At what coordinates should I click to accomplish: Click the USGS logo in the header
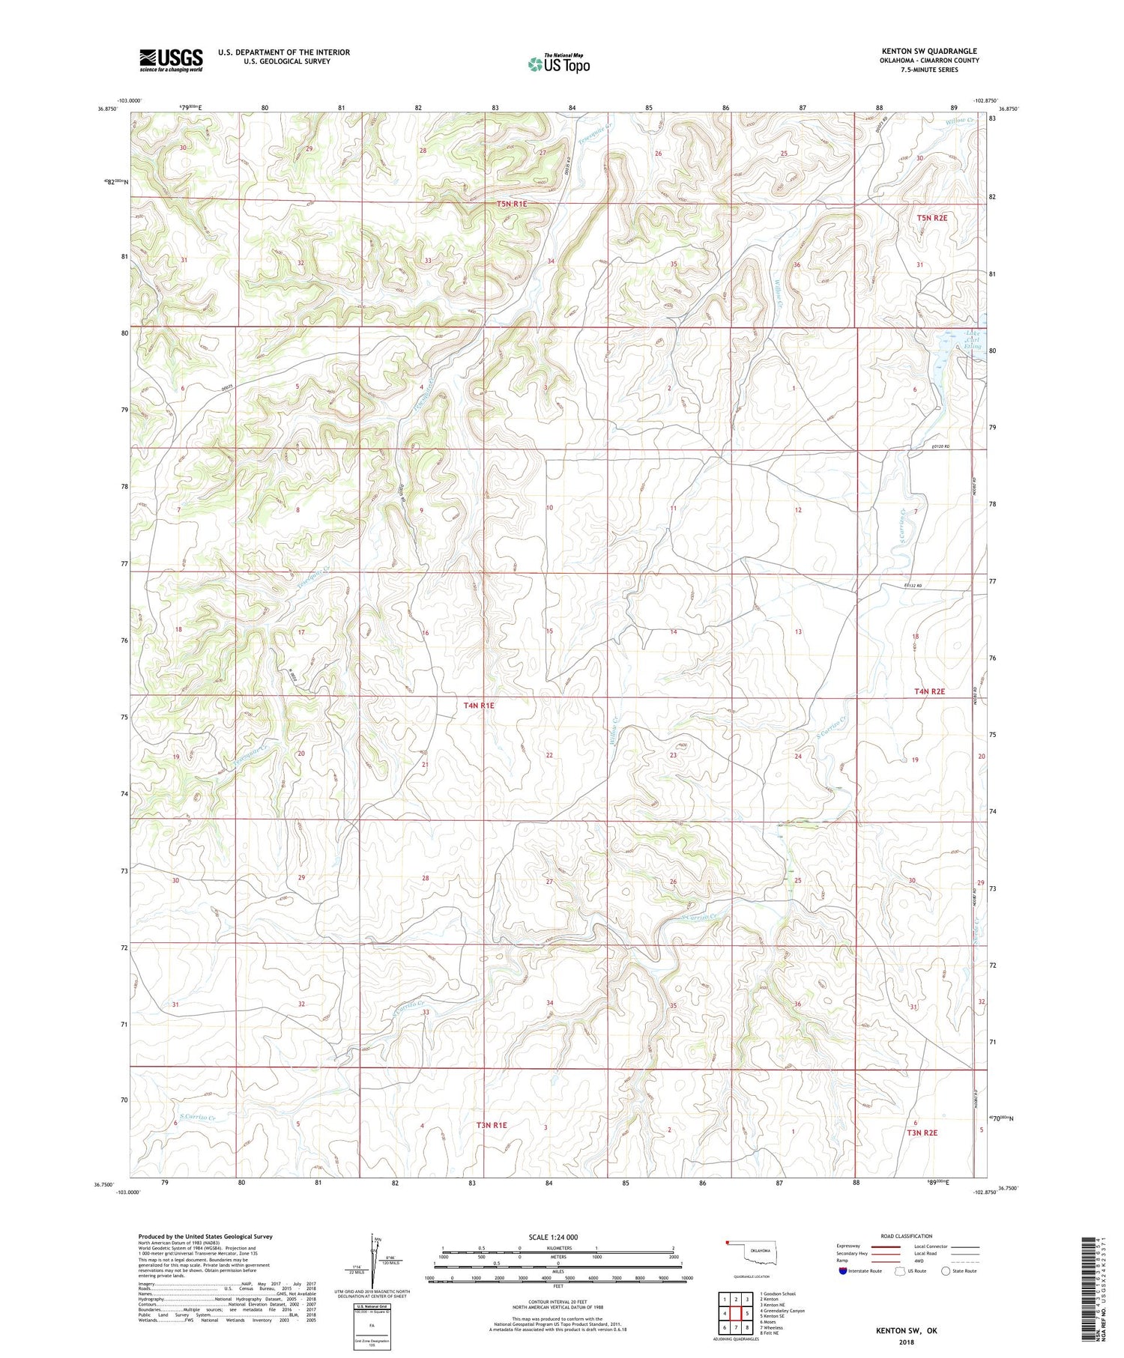(171, 59)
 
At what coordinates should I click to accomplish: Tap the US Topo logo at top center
(558, 64)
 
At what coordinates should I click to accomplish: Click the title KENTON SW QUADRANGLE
(929, 52)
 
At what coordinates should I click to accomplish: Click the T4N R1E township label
(479, 705)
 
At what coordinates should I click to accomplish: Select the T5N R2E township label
(932, 218)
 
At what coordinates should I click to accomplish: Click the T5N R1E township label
(512, 204)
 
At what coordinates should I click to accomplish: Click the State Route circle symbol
(946, 1270)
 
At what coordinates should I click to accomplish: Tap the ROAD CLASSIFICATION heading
(906, 1236)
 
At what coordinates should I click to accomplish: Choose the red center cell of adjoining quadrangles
(737, 1313)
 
